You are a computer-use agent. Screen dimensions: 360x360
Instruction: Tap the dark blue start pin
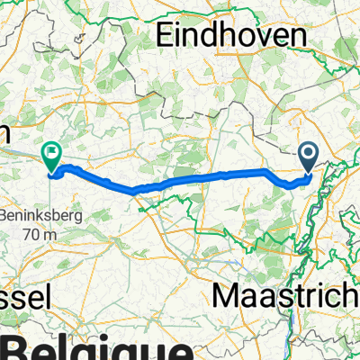309,157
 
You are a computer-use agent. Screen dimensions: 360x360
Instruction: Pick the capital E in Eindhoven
166,35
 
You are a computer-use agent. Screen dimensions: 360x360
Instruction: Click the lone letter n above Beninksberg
4,132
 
